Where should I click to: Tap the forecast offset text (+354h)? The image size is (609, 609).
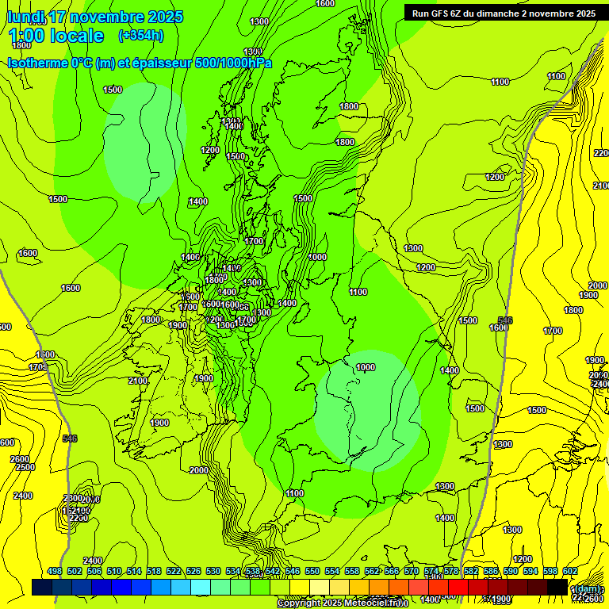[141, 35]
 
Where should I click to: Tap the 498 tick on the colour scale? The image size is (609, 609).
[55, 571]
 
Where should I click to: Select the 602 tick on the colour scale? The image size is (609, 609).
[570, 571]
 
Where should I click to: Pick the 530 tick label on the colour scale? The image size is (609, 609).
[213, 571]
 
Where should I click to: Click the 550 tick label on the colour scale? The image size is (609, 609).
[312, 571]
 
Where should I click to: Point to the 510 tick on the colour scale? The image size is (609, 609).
[114, 571]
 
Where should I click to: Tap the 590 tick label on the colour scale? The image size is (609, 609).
[511, 571]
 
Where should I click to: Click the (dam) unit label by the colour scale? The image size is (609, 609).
[588, 588]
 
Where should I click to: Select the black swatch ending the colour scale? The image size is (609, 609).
[557, 587]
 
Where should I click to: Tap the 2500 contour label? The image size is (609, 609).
[25, 467]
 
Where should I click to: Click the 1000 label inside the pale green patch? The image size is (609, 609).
[366, 367]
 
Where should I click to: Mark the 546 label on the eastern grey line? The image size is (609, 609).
[505, 320]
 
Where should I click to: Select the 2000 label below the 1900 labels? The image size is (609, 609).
[199, 470]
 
